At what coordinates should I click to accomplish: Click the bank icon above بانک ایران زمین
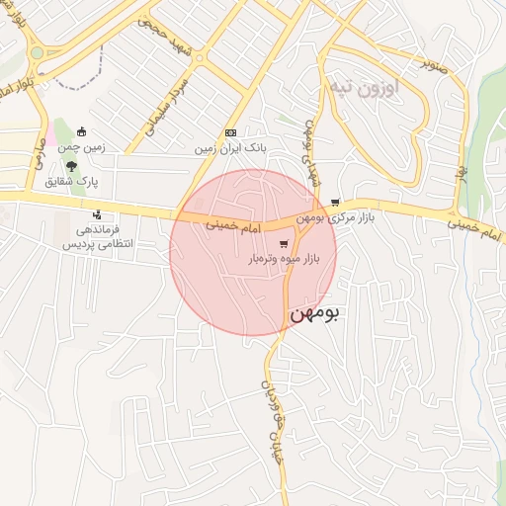point(231,132)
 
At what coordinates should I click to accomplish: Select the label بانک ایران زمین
point(231,148)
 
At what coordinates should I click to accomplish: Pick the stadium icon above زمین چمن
point(81,133)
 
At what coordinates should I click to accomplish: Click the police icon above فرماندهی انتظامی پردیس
point(96,214)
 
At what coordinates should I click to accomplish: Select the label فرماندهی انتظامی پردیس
point(97,236)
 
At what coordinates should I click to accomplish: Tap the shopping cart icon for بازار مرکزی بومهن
point(335,202)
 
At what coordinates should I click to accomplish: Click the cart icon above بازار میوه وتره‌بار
point(285,243)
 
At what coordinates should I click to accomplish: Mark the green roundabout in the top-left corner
point(37,52)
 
